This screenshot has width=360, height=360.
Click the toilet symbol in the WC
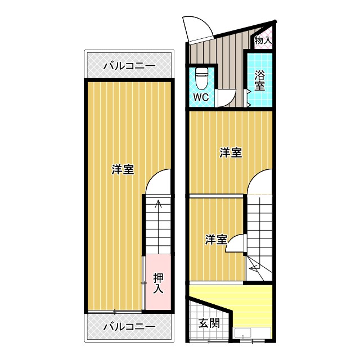coord(201,78)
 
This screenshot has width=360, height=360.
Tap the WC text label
coord(201,97)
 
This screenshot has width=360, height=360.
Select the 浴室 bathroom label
coord(259,80)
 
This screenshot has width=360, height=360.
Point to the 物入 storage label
coord(263,40)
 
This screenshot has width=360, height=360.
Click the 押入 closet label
coord(158,283)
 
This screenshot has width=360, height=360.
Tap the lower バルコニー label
coord(129,326)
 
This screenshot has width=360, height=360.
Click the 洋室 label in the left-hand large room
coord(122,169)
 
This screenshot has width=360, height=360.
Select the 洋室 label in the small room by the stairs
coord(216,240)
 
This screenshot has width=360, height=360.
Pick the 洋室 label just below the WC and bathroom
coord(231,152)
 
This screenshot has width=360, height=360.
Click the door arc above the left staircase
coord(158,181)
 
